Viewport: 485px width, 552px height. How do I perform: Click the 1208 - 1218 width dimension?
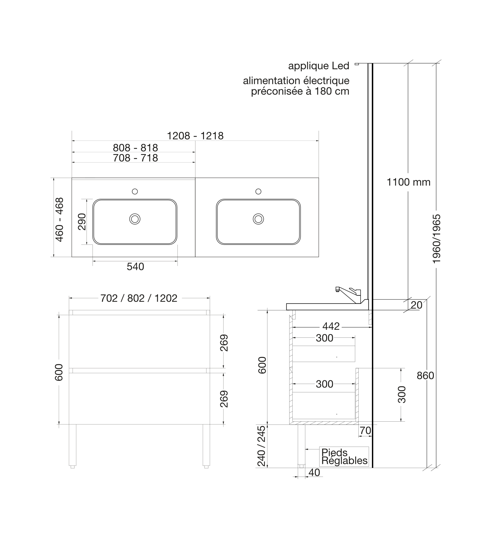coord(195,136)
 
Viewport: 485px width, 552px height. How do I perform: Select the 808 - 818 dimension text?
coord(135,148)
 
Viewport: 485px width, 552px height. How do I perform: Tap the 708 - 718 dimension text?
coord(135,158)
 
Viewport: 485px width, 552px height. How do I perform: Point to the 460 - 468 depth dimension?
coord(59,219)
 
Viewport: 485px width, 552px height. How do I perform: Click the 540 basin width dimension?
coord(135,267)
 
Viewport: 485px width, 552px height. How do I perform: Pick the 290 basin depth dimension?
coord(82,222)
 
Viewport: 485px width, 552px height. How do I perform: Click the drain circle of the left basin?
coord(135,219)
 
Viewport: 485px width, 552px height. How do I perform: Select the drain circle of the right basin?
coord(258,219)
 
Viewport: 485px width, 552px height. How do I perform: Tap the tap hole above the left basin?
coord(135,191)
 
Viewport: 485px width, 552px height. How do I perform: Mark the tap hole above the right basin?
coord(258,191)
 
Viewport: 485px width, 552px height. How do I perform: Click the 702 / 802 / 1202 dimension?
coord(139,298)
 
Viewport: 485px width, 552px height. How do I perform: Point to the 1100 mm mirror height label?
coord(409,182)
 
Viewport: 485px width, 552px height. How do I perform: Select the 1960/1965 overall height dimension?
coord(437,239)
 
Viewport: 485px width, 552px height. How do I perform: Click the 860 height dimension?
coord(425,376)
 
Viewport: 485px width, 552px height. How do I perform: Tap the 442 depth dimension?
coord(331,326)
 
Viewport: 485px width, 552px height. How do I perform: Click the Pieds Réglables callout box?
coord(344,457)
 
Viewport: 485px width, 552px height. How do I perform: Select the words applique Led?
coord(319,66)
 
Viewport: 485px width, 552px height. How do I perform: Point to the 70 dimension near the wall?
coord(365,430)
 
